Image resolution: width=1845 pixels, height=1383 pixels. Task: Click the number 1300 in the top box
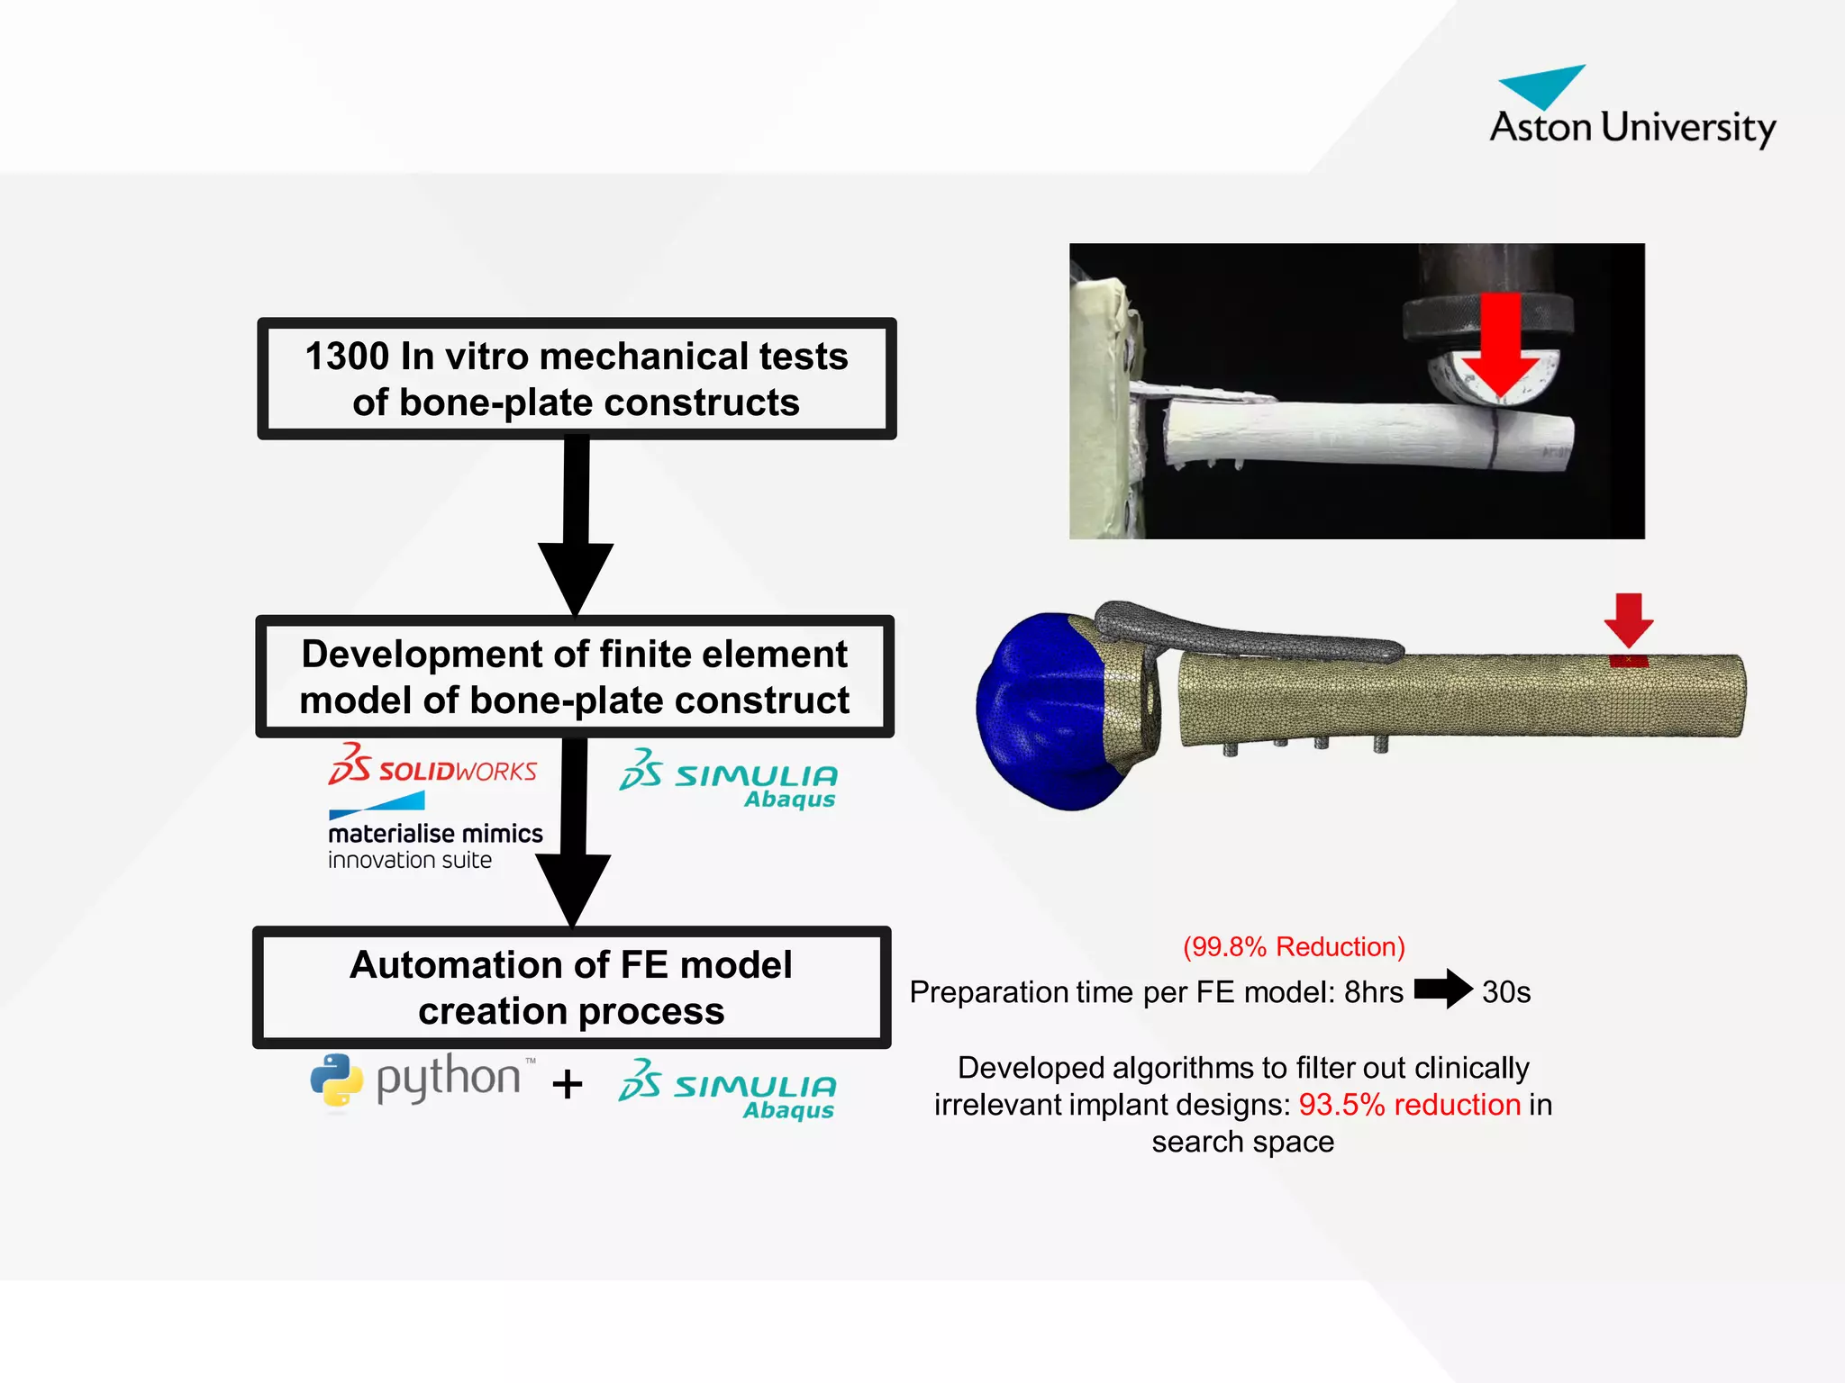[x=347, y=357]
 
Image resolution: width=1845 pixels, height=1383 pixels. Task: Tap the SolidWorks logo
[x=432, y=766]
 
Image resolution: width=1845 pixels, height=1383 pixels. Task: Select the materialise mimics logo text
[x=435, y=834]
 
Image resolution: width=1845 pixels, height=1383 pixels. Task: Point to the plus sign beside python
[x=568, y=1084]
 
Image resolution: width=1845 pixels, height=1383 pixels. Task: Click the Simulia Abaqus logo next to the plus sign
[x=728, y=1089]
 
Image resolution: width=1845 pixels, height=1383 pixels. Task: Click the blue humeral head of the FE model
[x=1045, y=711]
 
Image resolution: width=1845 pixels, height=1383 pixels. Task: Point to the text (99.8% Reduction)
[x=1294, y=946]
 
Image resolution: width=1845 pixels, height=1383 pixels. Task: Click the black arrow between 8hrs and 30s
[x=1442, y=990]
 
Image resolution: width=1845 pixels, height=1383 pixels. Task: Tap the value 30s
[x=1506, y=992]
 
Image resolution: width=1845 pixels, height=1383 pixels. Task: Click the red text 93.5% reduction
[x=1409, y=1105]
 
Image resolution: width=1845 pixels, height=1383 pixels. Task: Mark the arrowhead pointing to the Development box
[x=576, y=576]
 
